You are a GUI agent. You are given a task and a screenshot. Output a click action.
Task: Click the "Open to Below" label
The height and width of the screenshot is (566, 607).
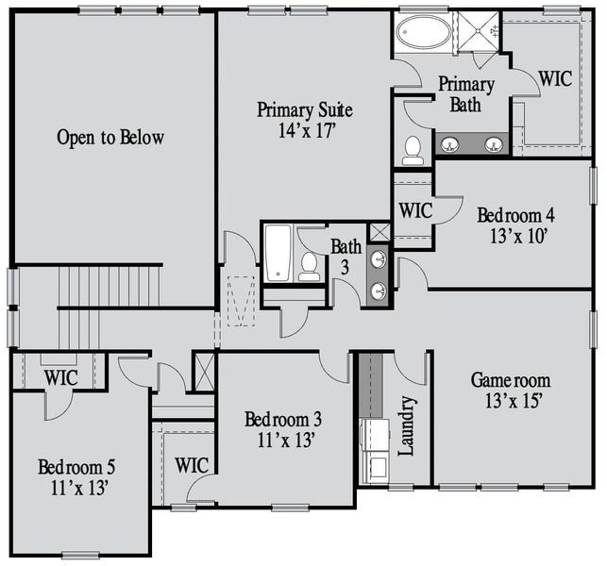coord(110,138)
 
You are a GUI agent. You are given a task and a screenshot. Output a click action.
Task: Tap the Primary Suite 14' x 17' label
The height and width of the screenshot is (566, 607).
coord(296,120)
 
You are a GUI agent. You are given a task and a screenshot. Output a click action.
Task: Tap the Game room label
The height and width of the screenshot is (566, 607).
coord(511,382)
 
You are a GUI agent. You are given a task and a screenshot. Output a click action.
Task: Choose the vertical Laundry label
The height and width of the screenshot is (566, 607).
coord(407,425)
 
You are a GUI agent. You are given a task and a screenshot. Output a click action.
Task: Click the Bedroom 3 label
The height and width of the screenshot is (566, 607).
coord(282,419)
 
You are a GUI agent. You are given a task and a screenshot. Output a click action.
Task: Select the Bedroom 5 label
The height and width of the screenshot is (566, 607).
coord(77,467)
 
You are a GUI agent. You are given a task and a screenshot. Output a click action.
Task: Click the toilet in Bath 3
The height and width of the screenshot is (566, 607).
coord(309,266)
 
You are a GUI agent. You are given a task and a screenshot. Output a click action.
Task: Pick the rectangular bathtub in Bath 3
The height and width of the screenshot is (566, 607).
coord(278,252)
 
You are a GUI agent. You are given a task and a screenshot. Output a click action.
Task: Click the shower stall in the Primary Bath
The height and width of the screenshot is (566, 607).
coord(478,35)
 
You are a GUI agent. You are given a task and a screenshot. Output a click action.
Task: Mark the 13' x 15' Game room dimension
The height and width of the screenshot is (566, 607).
coord(511,401)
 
